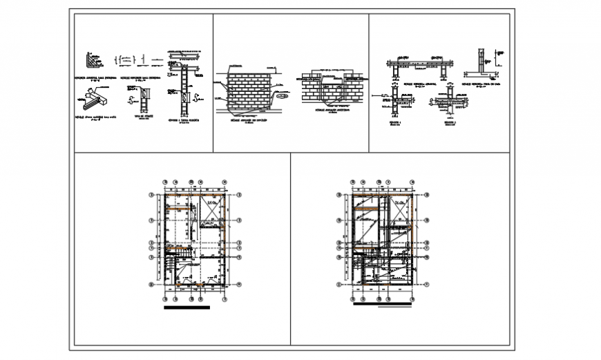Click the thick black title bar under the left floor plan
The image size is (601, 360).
click(x=186, y=309)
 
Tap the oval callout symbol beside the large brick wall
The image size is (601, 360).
click(x=282, y=97)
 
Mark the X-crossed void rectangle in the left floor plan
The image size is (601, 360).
click(x=211, y=211)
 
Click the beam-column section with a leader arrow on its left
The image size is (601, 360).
click(x=394, y=100)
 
